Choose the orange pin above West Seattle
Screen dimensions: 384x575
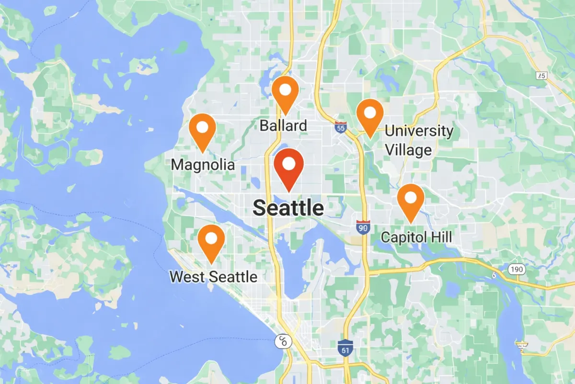tap(211, 240)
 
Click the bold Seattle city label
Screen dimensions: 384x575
tap(288, 208)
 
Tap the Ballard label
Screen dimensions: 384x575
tap(283, 126)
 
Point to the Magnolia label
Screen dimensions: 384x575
tap(203, 165)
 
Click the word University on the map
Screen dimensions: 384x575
tap(419, 131)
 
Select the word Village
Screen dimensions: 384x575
tap(409, 150)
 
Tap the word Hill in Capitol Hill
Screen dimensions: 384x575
tap(441, 237)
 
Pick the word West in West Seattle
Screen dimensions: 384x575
tap(186, 277)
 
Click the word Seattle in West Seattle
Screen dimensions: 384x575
tap(232, 277)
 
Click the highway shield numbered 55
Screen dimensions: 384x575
tap(341, 128)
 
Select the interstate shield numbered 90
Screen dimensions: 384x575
tap(363, 227)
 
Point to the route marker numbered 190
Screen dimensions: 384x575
tap(517, 270)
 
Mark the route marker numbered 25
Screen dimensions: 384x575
tap(541, 76)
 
